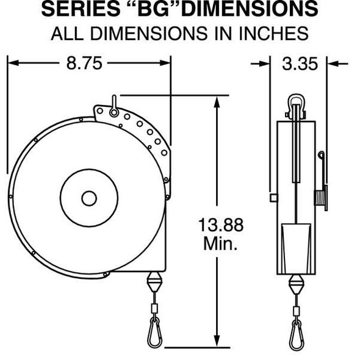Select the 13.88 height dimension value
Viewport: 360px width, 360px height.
pos(220,226)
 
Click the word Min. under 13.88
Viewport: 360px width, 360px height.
pos(220,244)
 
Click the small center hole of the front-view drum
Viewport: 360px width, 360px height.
pos(89,198)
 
